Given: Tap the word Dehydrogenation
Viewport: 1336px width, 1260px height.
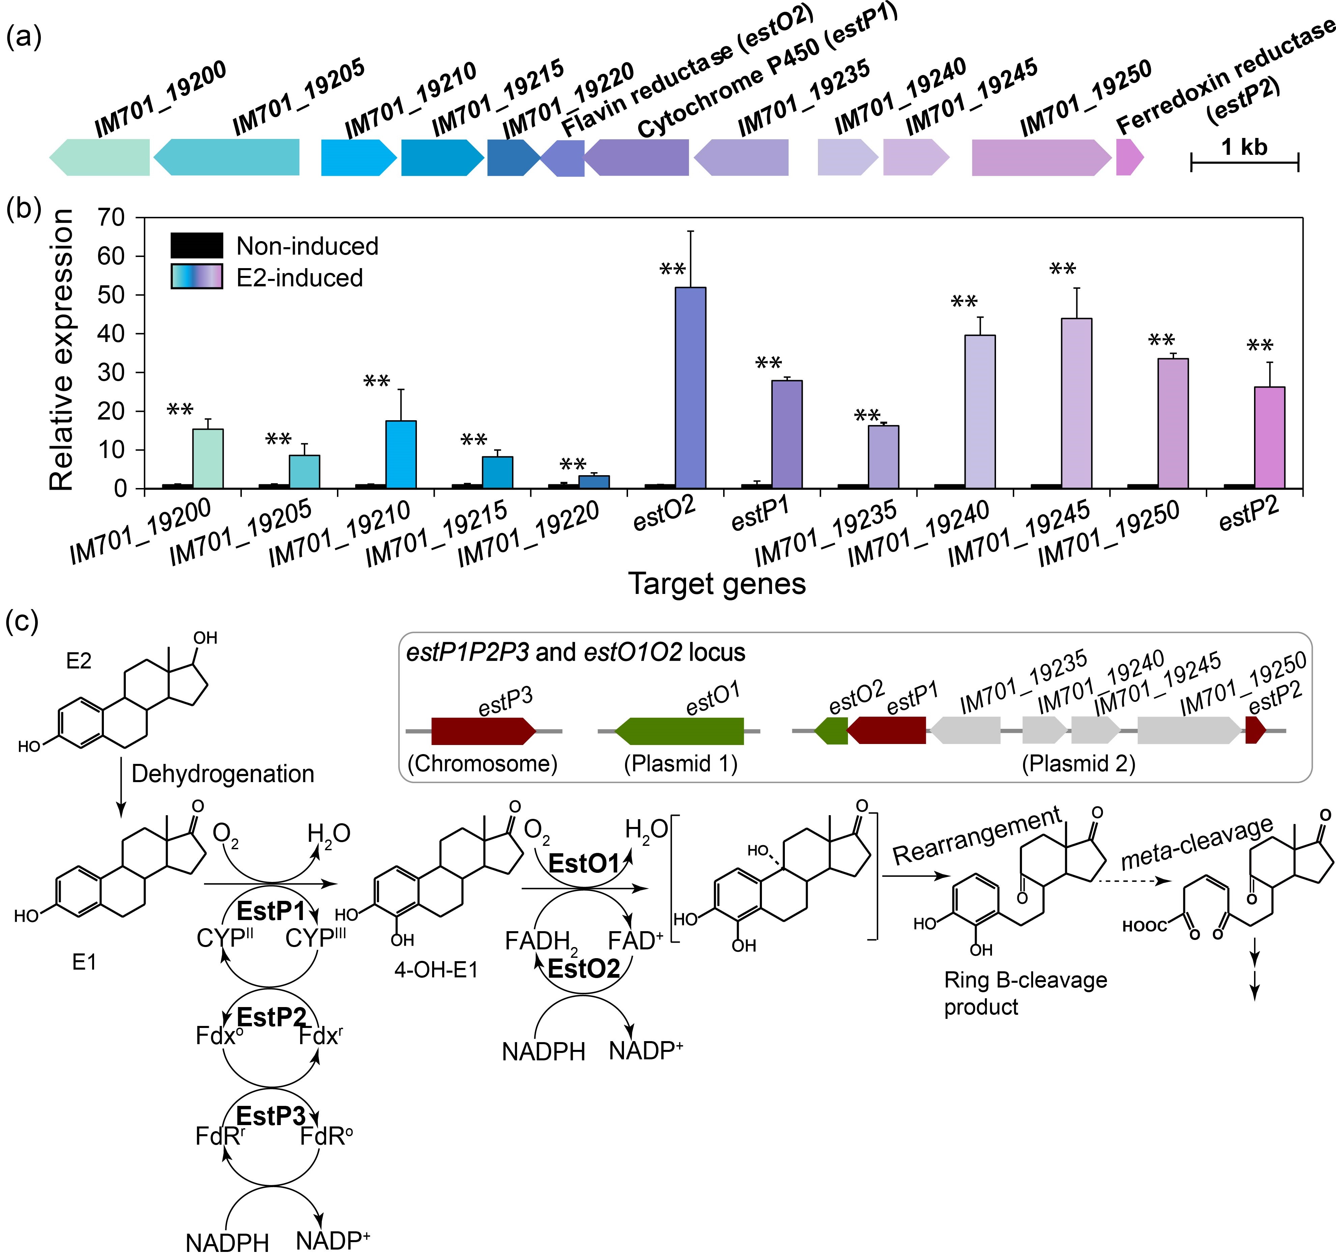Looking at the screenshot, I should click(x=223, y=774).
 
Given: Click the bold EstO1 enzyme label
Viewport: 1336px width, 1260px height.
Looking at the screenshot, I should click(x=583, y=863).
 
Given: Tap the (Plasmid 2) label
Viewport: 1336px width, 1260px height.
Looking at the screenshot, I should click(x=1078, y=764).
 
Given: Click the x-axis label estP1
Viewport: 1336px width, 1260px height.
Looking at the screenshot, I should click(x=759, y=516).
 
